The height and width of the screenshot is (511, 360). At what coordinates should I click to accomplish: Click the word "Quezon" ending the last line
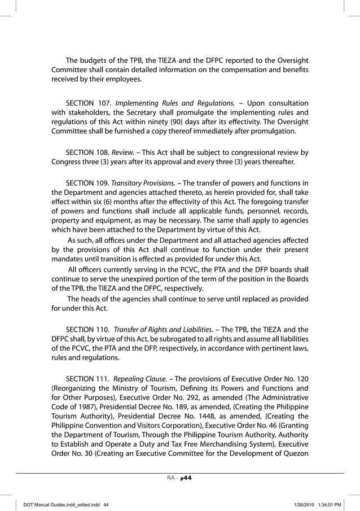pos(294,455)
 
